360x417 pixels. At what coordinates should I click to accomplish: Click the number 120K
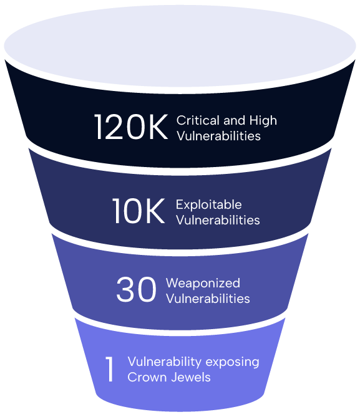point(131,127)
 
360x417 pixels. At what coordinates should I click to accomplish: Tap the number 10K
point(139,211)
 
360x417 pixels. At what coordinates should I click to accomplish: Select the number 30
point(136,289)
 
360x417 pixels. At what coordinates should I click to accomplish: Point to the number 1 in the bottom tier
point(110,370)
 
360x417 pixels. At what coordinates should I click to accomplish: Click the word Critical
point(198,120)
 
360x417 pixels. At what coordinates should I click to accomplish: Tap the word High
point(263,121)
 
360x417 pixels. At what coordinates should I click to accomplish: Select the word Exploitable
point(209,205)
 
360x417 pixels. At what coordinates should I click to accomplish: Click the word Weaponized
point(203,283)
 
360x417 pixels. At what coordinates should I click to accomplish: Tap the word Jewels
point(190,377)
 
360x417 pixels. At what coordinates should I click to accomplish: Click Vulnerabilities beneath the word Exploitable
point(218,220)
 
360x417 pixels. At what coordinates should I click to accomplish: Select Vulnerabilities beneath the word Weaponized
point(208,299)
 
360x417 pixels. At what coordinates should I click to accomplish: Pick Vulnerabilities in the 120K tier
point(218,136)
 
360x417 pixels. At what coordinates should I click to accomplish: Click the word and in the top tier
point(234,120)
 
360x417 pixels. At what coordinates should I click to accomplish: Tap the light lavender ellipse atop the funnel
point(180,46)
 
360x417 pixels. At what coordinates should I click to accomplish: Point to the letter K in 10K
point(155,211)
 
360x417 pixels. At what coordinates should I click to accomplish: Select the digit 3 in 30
point(125,289)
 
